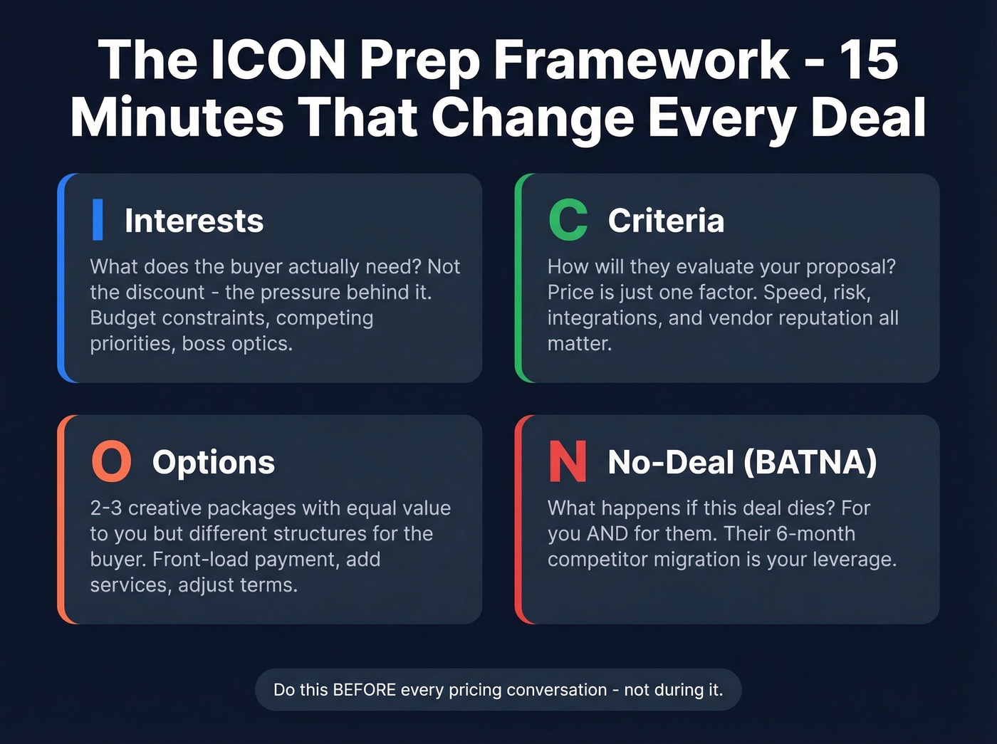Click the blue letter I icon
[x=98, y=220]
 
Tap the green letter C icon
[x=568, y=220]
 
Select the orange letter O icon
[x=112, y=461]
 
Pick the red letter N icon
[x=568, y=461]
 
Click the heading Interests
[x=194, y=221]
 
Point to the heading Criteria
[x=666, y=221]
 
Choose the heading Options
[x=213, y=462]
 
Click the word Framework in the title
[x=641, y=60]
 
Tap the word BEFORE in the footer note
[x=365, y=690]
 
